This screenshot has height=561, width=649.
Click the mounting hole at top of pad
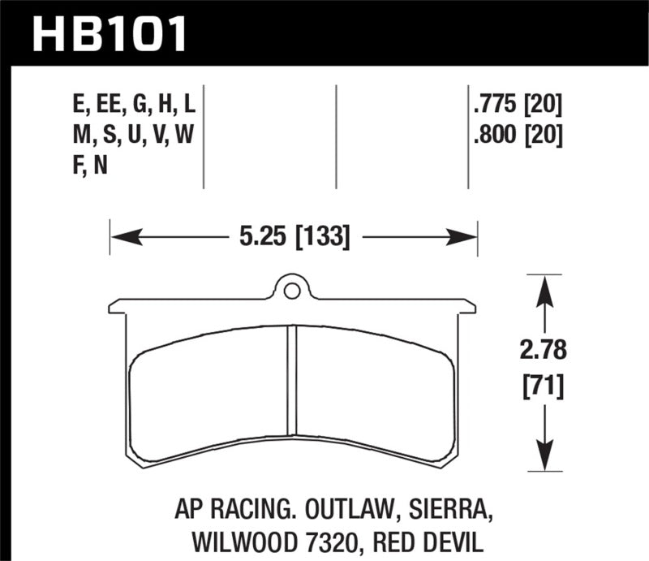[292, 287]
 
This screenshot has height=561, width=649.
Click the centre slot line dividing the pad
[293, 382]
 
